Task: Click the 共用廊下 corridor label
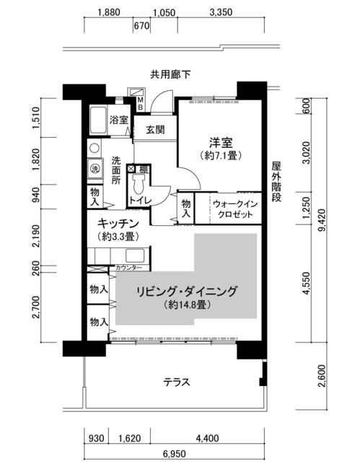point(170,74)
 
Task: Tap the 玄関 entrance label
point(155,130)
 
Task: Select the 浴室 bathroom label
point(119,120)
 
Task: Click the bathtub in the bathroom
point(98,120)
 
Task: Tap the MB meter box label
point(140,103)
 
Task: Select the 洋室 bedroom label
point(221,143)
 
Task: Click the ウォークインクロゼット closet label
point(235,209)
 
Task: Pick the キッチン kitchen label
point(118,224)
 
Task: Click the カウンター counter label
point(128,268)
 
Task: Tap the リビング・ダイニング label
point(187,292)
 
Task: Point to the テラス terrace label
point(177,382)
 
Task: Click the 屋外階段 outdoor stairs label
point(276,182)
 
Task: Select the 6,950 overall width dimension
point(175,454)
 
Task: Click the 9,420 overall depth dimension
point(322,221)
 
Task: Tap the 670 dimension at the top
point(141,26)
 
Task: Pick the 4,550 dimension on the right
point(307,284)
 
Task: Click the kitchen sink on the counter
point(135,255)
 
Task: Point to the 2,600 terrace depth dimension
point(322,376)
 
